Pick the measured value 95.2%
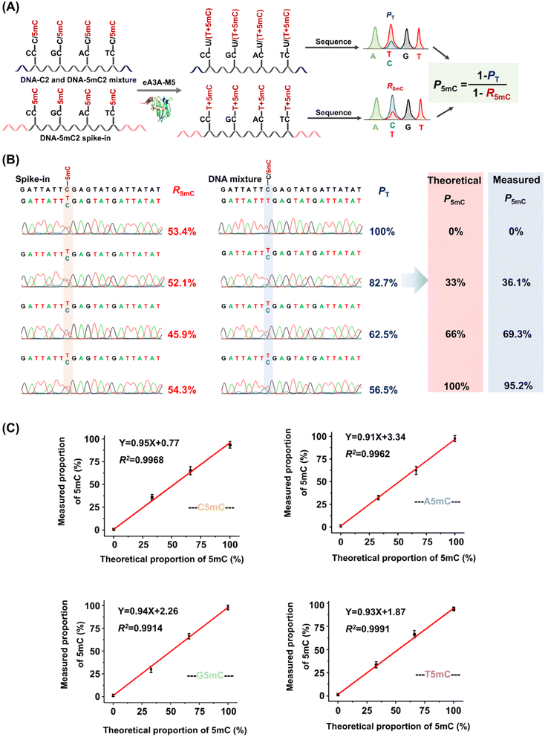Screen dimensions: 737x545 pos(515,386)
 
